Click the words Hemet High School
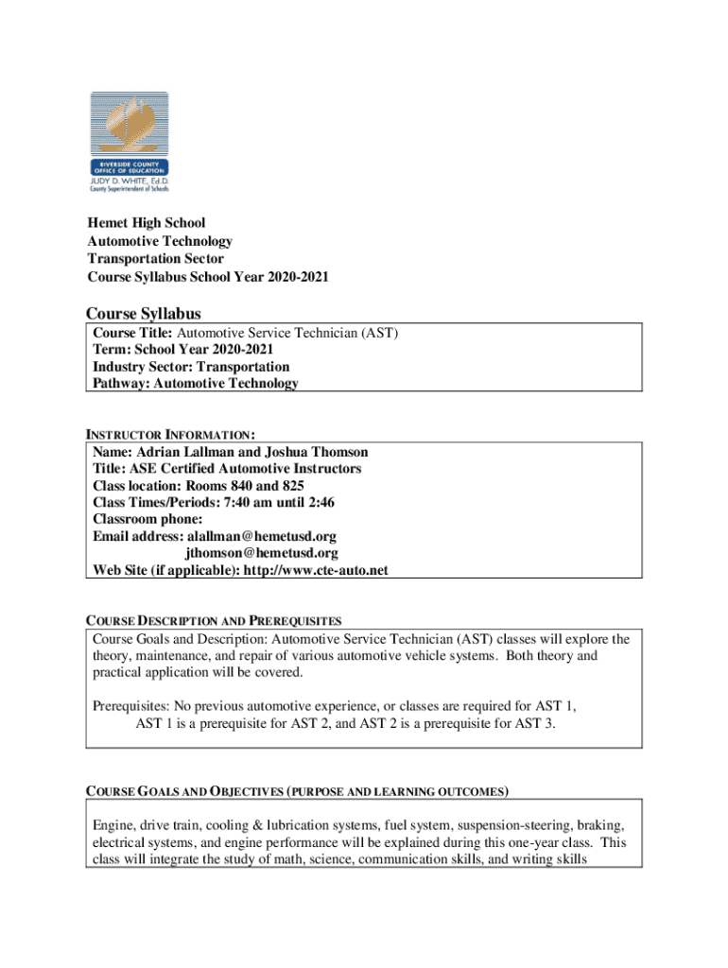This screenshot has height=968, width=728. [147, 223]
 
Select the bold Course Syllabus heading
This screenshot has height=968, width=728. [143, 313]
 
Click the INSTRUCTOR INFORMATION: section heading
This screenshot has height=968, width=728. [171, 435]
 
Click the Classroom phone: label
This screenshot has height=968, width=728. [147, 519]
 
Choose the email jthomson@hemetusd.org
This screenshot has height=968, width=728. [262, 553]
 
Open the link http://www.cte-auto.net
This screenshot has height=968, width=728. [316, 570]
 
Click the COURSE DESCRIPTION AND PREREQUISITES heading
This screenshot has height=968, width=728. [214, 622]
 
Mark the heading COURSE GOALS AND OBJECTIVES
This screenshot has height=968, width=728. [184, 791]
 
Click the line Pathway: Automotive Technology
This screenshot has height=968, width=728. [196, 383]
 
